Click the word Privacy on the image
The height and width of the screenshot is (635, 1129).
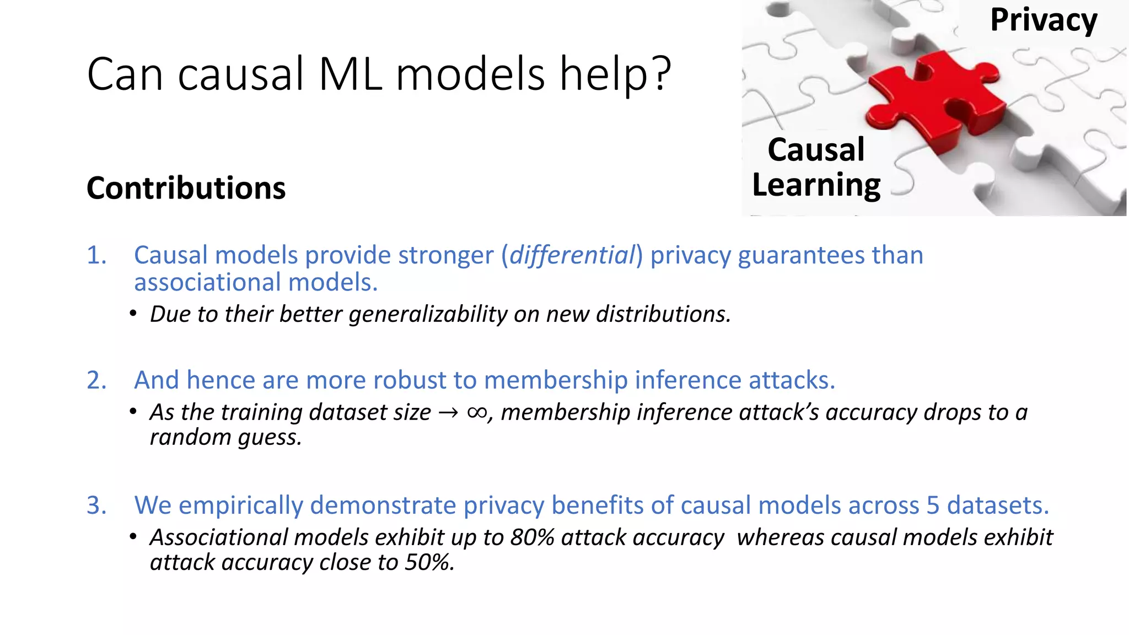(x=1043, y=21)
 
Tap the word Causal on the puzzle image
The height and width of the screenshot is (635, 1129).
(x=816, y=150)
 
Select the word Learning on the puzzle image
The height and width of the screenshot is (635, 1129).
(x=816, y=185)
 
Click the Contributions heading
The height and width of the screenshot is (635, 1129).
(x=186, y=188)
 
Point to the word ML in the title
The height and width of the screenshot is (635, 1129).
(x=350, y=74)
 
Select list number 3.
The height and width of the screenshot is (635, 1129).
(x=96, y=505)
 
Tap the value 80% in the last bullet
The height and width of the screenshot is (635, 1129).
(x=532, y=537)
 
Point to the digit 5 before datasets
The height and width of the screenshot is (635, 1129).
(x=932, y=505)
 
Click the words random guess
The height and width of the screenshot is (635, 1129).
(x=225, y=438)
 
